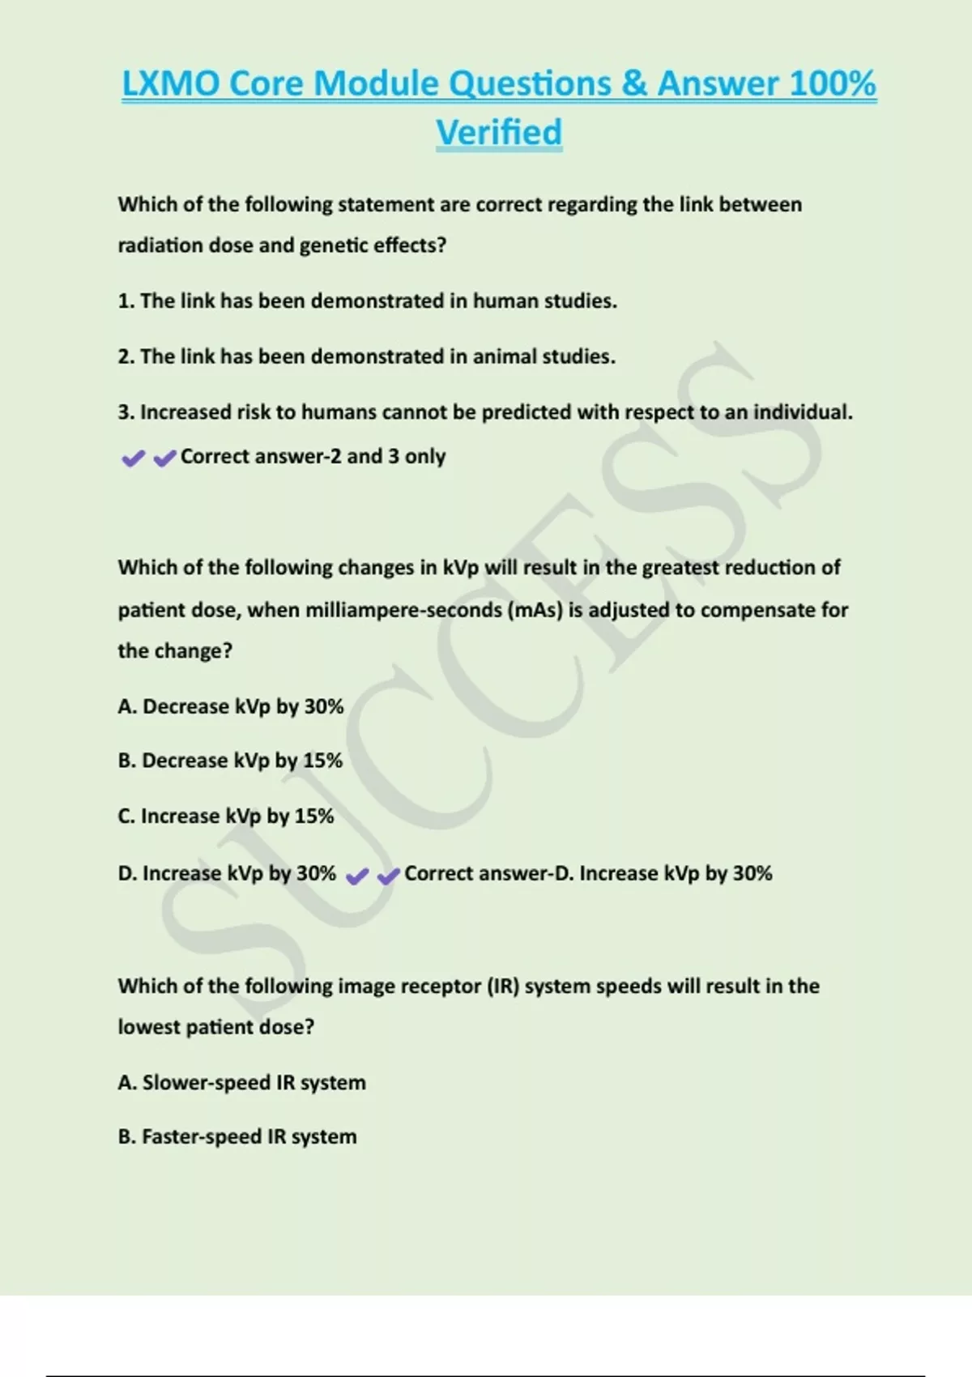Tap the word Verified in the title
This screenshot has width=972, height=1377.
click(499, 132)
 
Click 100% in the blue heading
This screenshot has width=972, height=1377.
click(832, 83)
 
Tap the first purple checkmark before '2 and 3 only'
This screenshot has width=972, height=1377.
click(133, 459)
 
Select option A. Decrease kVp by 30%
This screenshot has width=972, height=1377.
click(231, 706)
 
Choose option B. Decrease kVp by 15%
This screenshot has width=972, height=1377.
click(230, 761)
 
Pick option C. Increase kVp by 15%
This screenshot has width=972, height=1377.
click(226, 816)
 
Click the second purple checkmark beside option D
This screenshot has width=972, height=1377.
click(389, 876)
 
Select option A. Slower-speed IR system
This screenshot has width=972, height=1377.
click(241, 1082)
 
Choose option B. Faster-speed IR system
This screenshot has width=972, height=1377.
click(237, 1136)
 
